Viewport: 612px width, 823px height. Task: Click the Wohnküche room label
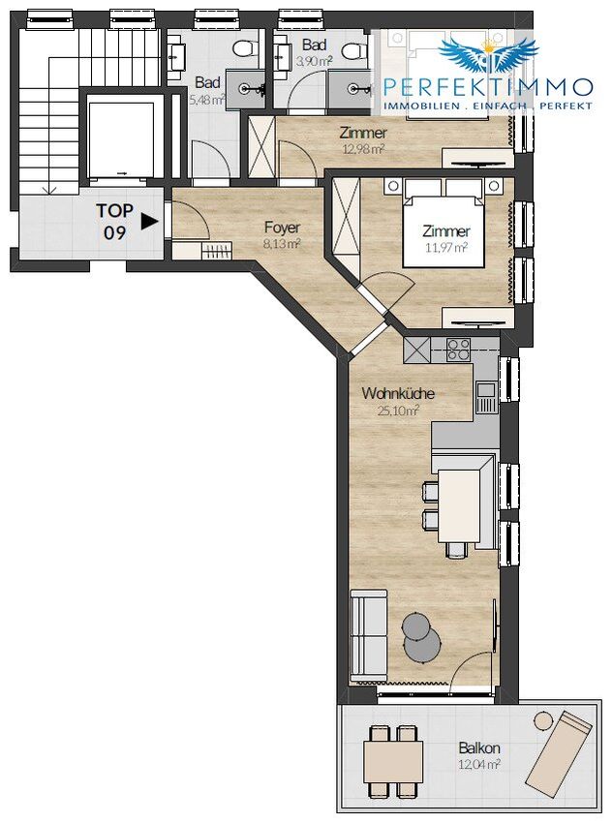(x=398, y=393)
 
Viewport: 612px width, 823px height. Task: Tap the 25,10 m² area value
(x=398, y=411)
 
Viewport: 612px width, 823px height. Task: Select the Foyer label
(x=282, y=228)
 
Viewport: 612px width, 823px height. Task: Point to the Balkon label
(x=478, y=747)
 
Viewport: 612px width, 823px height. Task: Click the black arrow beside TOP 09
(x=149, y=222)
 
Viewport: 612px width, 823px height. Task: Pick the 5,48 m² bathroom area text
(x=207, y=99)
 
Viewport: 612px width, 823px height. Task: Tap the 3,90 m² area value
(x=314, y=61)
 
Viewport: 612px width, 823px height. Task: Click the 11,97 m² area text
(x=446, y=247)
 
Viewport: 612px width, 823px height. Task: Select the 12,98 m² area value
(x=363, y=148)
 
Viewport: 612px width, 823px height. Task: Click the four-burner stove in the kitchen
(x=458, y=350)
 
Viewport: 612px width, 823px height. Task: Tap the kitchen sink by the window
(x=486, y=397)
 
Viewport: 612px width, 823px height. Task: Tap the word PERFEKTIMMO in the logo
(x=488, y=86)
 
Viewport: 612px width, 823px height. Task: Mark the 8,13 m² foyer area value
(x=283, y=244)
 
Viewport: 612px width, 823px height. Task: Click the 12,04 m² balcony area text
(x=478, y=764)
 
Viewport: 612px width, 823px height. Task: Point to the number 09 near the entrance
(x=114, y=232)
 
